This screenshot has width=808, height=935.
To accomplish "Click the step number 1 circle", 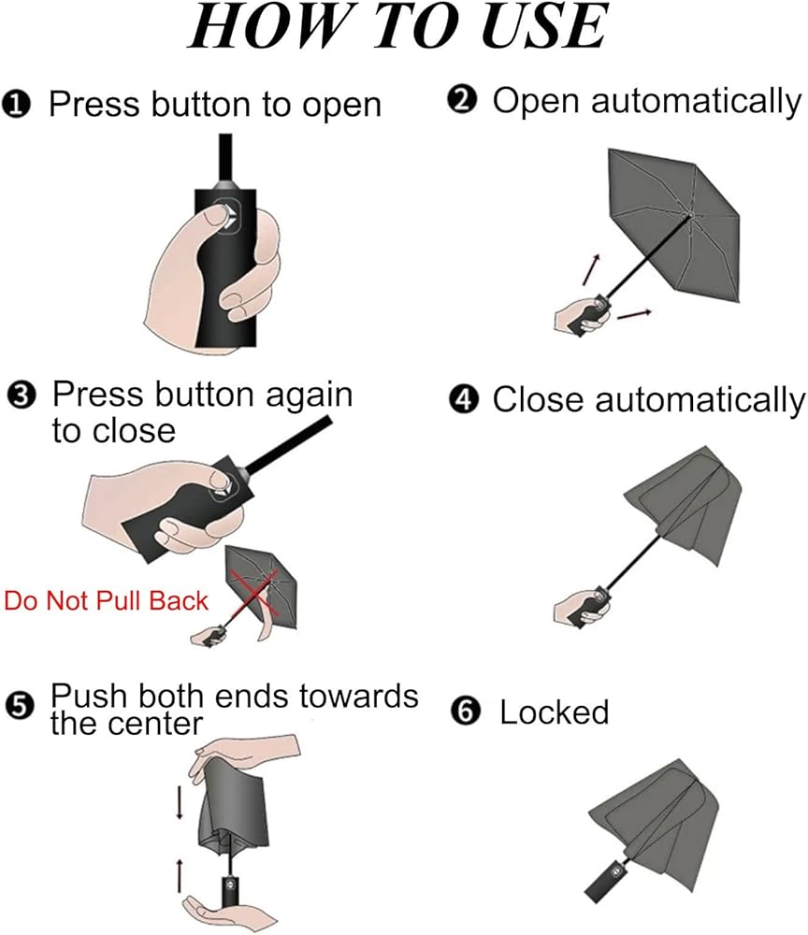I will click(20, 104).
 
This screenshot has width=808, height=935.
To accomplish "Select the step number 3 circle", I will click(22, 396).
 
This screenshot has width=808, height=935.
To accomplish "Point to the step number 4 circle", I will click(462, 400).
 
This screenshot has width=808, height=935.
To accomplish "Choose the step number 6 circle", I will click(463, 712).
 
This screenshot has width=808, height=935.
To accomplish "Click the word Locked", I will click(555, 712).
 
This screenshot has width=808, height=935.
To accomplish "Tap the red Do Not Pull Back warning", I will click(106, 599).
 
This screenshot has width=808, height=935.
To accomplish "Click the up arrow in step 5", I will click(178, 875).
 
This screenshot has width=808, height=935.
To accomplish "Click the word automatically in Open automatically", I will click(688, 101).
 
